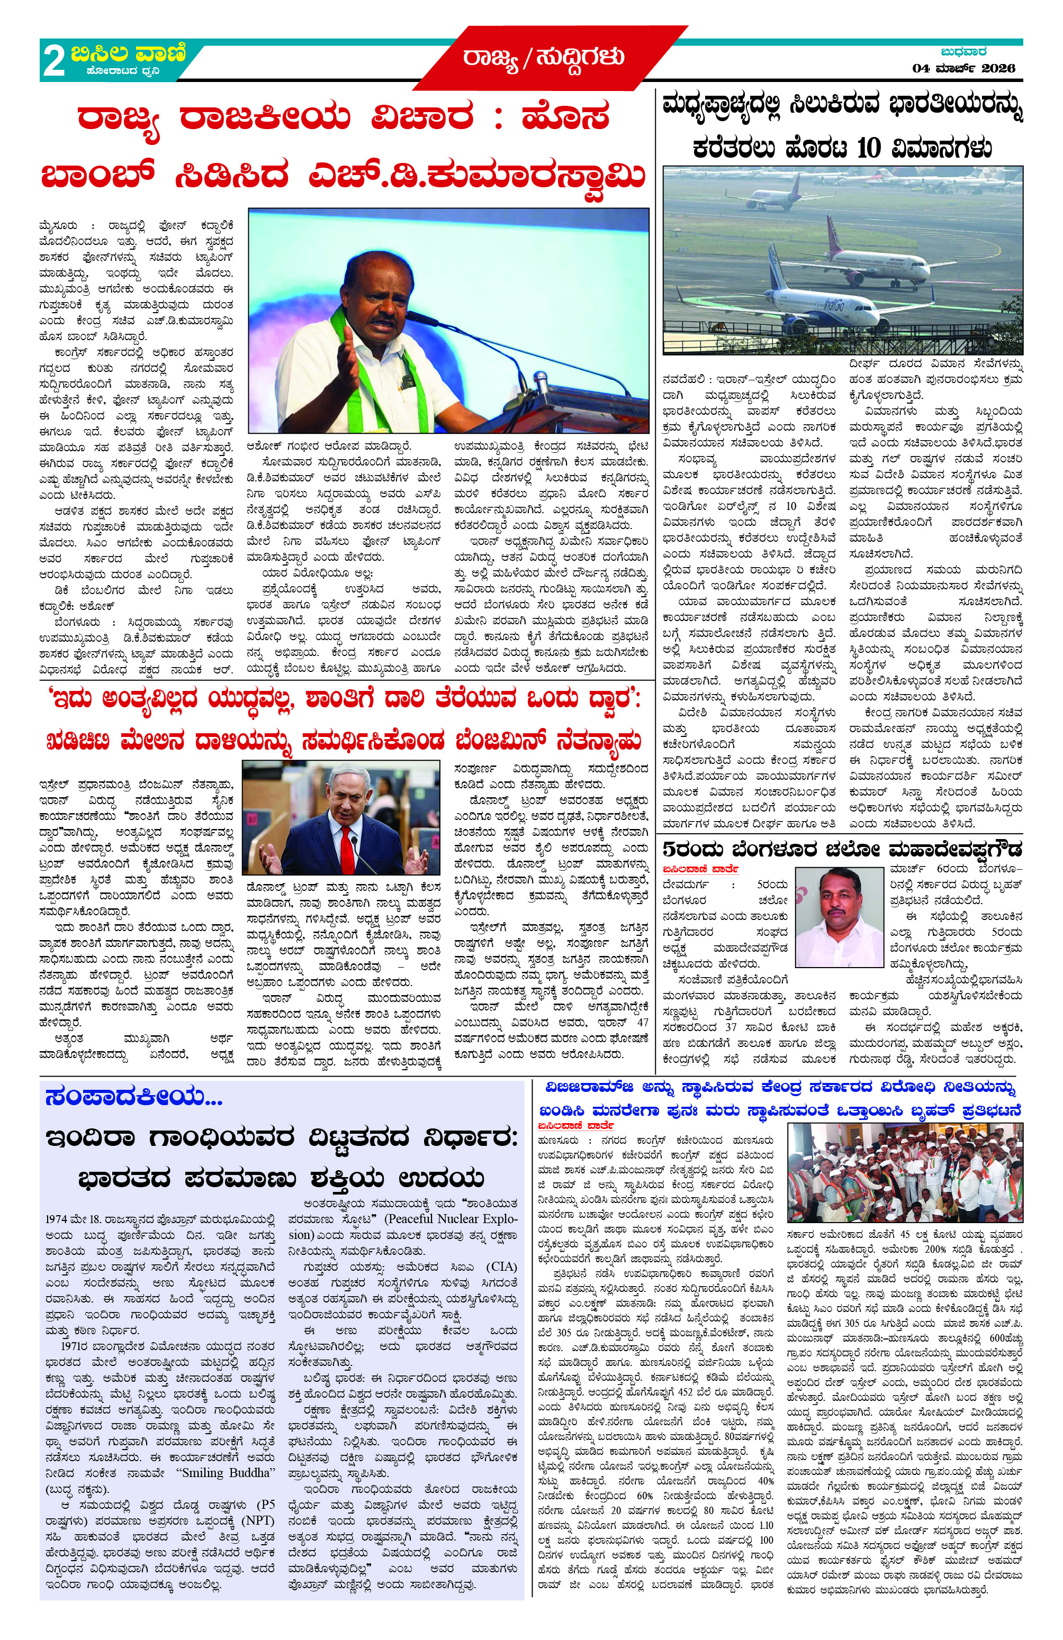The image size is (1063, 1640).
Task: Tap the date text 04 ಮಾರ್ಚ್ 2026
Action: click(x=963, y=68)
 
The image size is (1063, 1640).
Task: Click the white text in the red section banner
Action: click(x=543, y=57)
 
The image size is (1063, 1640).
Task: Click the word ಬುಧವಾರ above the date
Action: click(x=963, y=52)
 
